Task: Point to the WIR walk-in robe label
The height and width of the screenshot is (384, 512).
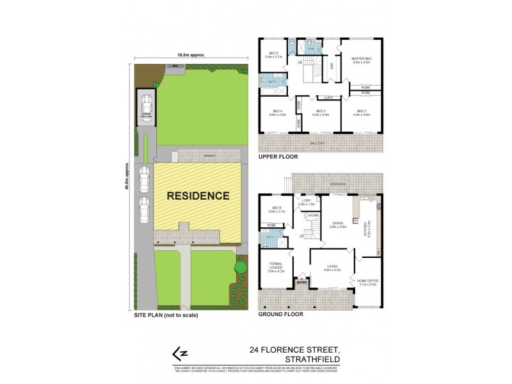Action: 332,65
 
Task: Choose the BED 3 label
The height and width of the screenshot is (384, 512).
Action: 320,113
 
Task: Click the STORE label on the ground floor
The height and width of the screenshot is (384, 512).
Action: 314,216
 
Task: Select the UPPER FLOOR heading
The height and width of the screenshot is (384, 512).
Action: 276,156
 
